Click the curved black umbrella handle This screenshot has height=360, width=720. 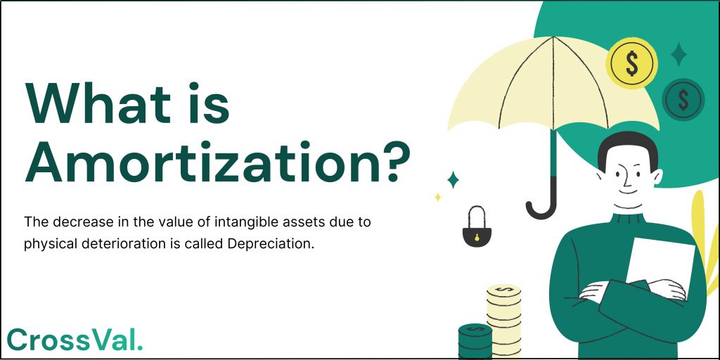tap(541, 204)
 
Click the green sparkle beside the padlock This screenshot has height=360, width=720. tap(453, 180)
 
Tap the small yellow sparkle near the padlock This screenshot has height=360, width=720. tap(437, 198)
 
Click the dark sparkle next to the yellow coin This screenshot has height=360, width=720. tap(679, 54)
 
